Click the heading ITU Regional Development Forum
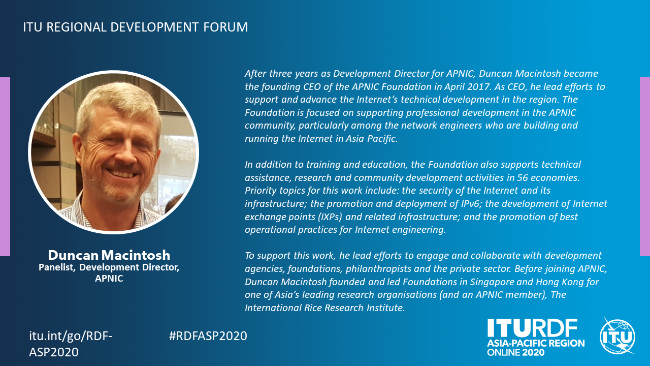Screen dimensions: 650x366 tap(136, 27)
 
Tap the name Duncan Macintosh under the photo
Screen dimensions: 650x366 tap(109, 255)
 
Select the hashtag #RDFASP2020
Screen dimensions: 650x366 tap(208, 336)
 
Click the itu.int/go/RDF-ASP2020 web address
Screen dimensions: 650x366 tap(71, 344)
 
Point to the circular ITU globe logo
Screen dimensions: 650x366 tap(617, 337)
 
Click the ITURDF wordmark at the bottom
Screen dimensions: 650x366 tap(532, 328)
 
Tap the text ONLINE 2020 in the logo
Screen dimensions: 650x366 tap(515, 353)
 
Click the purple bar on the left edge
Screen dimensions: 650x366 tap(5, 167)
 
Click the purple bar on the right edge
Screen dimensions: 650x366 tap(645, 167)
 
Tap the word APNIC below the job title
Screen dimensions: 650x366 tap(109, 278)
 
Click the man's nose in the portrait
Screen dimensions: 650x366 tap(124, 154)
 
